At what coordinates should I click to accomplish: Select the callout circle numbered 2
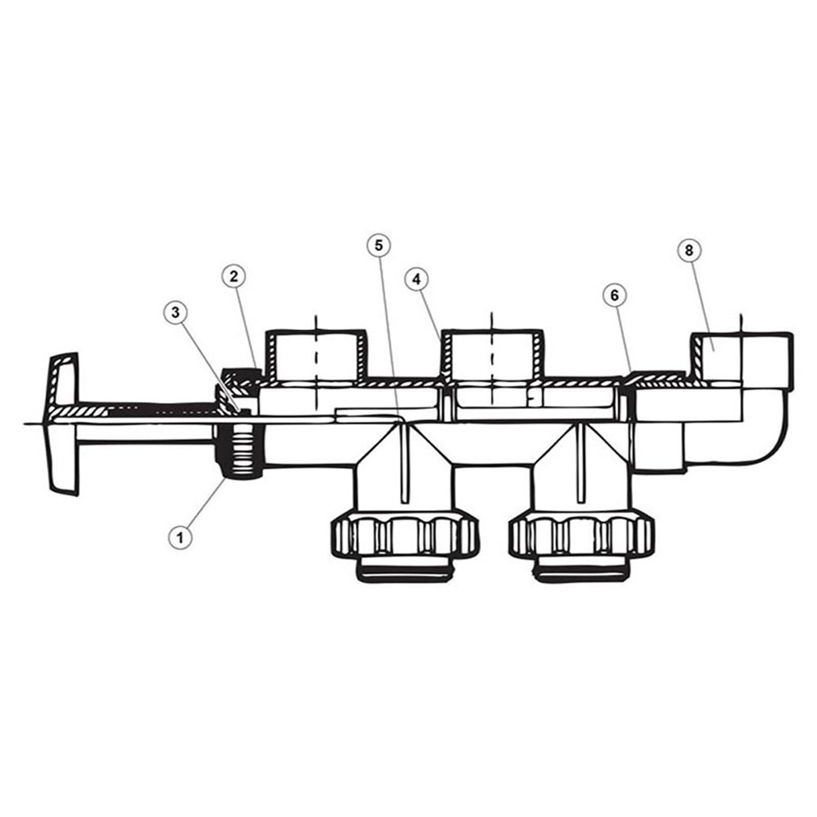[x=234, y=277]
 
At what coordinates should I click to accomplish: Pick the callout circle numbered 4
[x=417, y=279]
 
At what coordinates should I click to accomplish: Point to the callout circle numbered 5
[x=378, y=245]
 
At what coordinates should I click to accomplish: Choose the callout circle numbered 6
[x=614, y=295]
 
